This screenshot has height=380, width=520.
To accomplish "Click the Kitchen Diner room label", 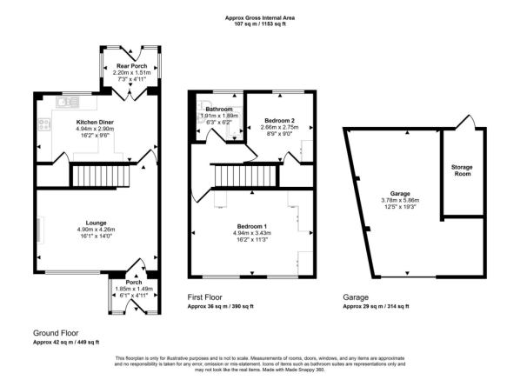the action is (x=95, y=122).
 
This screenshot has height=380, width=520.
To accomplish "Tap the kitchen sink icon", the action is (x=68, y=102).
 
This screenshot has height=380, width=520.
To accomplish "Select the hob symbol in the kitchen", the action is (x=44, y=124).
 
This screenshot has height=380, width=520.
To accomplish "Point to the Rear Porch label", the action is (x=131, y=66).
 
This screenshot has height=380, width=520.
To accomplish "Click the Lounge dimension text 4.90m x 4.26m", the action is (x=97, y=230).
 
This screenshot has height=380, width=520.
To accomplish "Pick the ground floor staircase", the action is (x=100, y=176).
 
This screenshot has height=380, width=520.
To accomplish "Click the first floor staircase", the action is (x=245, y=177).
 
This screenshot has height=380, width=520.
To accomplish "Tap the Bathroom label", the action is (x=219, y=109).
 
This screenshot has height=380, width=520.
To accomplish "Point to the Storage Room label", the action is (x=462, y=170).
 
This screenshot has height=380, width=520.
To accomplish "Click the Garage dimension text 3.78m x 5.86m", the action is (x=400, y=200).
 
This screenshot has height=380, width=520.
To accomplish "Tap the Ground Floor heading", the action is (x=56, y=333).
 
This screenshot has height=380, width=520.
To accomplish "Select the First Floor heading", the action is (x=205, y=297).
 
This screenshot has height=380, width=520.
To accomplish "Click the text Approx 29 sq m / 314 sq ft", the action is (x=376, y=306).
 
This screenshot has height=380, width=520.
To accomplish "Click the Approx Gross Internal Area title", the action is (x=260, y=18).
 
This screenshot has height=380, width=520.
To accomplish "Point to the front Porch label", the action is (x=134, y=283).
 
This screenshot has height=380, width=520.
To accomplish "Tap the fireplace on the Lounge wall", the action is (x=39, y=230).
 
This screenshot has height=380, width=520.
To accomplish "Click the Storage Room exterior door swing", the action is (x=466, y=122).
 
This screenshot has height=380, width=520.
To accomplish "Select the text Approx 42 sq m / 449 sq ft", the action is (x=66, y=343).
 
